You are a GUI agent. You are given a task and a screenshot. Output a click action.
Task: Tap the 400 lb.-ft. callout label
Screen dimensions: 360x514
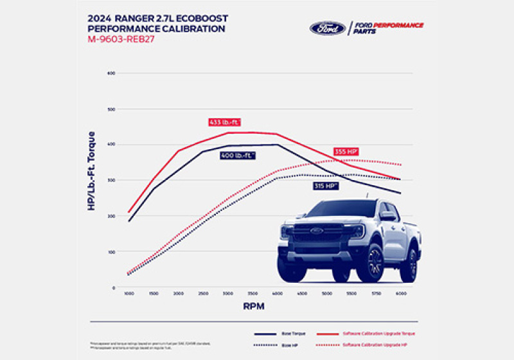(x=238, y=156)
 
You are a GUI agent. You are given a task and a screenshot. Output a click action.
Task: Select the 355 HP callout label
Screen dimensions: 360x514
(x=346, y=152)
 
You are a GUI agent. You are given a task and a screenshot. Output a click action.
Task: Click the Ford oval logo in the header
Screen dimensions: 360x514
(x=328, y=28)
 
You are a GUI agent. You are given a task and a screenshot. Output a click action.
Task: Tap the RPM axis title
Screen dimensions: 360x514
(x=253, y=307)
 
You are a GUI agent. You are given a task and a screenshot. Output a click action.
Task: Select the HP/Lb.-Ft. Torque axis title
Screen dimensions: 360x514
(x=92, y=171)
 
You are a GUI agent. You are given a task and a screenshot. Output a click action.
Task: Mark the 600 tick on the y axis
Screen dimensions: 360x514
(x=111, y=73)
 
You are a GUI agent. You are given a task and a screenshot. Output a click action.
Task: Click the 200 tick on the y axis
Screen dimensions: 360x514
(x=111, y=216)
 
